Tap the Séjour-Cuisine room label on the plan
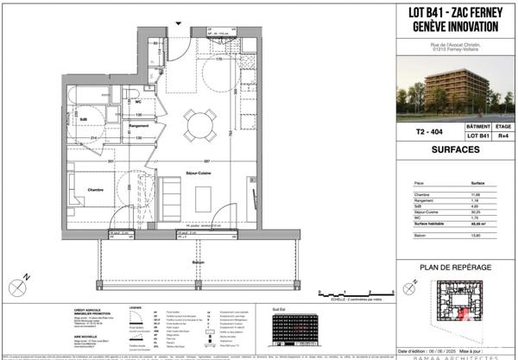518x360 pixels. [199, 173]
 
